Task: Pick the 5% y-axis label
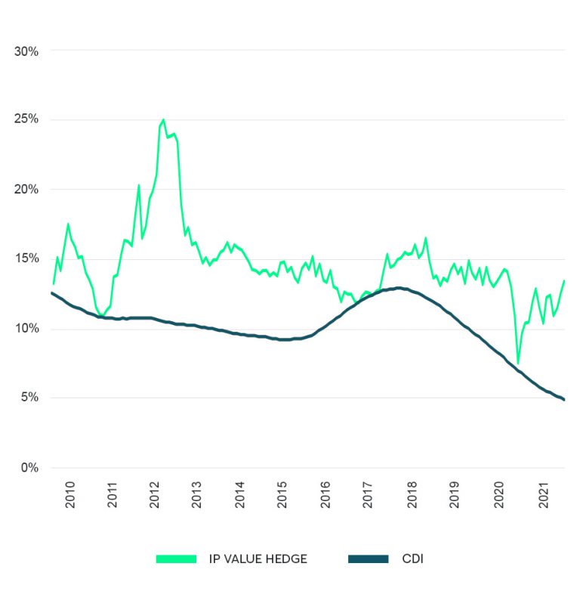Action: tap(29, 398)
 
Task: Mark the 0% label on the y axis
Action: tap(29, 468)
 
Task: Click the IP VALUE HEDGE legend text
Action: tap(258, 559)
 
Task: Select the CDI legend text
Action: tap(414, 559)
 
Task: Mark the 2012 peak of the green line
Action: tap(163, 119)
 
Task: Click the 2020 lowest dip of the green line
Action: tap(518, 364)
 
